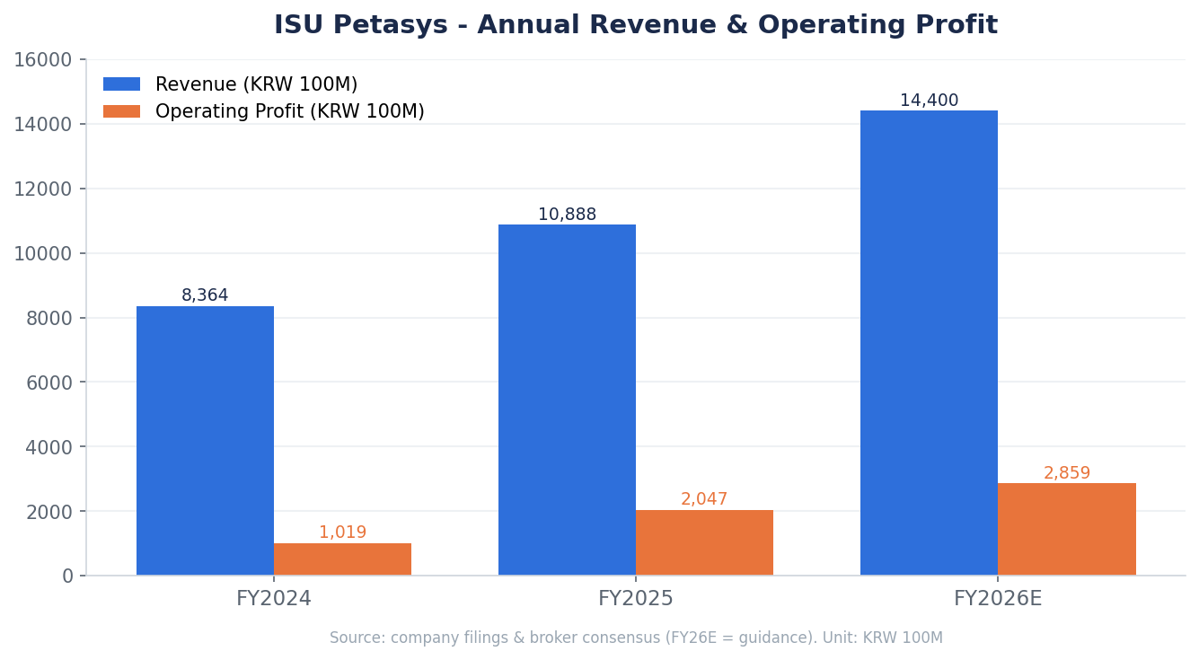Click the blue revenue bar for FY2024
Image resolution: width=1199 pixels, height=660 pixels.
pyautogui.click(x=205, y=441)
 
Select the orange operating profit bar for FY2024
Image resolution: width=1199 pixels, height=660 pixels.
pyautogui.click(x=342, y=559)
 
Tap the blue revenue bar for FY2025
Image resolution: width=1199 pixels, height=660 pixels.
pyautogui.click(x=567, y=400)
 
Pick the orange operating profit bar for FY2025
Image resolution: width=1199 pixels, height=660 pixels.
pyautogui.click(x=704, y=542)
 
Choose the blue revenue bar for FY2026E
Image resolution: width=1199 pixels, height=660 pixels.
pyautogui.click(x=929, y=343)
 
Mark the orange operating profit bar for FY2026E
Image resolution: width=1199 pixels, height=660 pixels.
pyautogui.click(x=1067, y=530)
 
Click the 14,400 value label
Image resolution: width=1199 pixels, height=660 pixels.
pyautogui.click(x=929, y=100)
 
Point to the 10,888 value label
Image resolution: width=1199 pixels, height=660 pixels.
pyautogui.click(x=567, y=214)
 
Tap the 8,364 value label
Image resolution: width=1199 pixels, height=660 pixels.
pyautogui.click(x=205, y=295)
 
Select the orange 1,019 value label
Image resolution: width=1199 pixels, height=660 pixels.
pyautogui.click(x=342, y=532)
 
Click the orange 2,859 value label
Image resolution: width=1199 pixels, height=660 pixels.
pyautogui.click(x=1067, y=472)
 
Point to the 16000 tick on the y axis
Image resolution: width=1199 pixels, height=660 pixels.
pyautogui.click(x=43, y=60)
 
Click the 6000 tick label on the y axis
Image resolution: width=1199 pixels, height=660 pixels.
pyautogui.click(x=48, y=383)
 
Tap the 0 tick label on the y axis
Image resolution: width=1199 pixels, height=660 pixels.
pyautogui.click(x=67, y=576)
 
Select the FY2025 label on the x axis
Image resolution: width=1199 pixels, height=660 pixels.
pyautogui.click(x=635, y=598)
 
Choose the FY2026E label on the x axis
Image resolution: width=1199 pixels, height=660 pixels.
pyautogui.click(x=998, y=598)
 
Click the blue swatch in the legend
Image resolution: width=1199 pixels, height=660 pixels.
pyautogui.click(x=121, y=84)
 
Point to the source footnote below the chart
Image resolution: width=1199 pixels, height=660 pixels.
pyautogui.click(x=636, y=638)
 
